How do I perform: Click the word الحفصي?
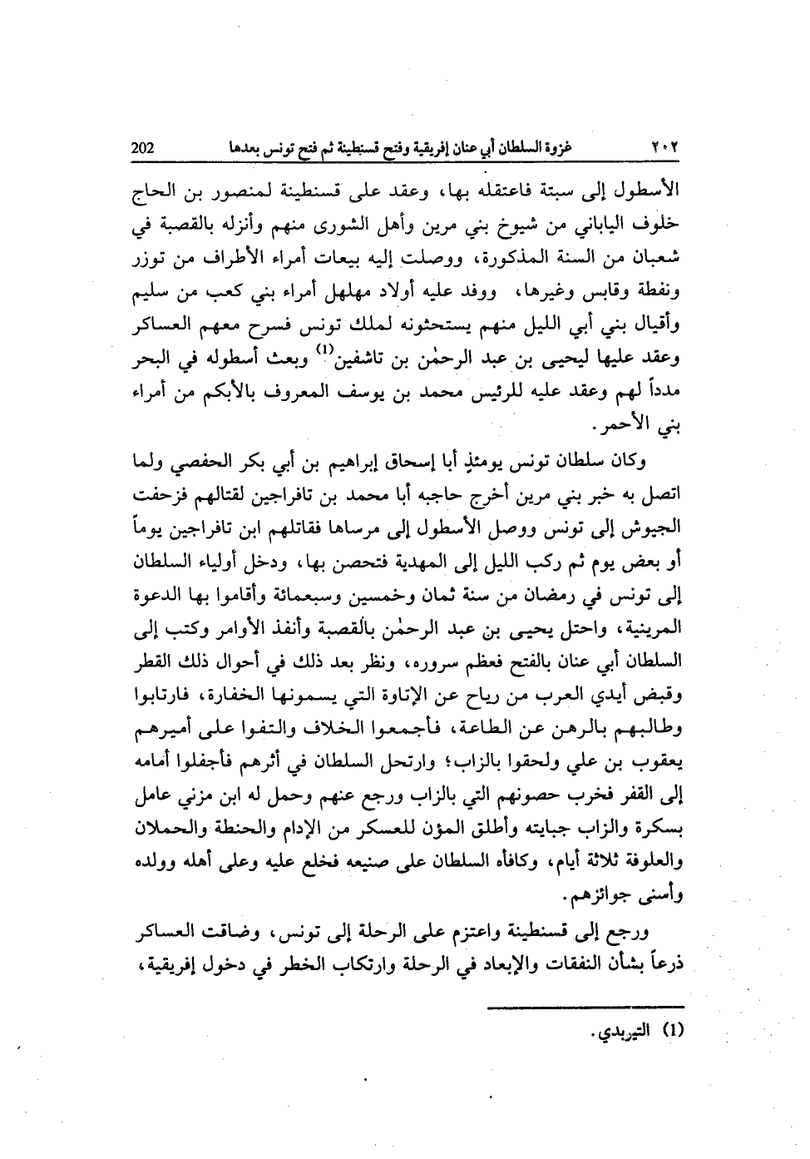click(206, 462)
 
